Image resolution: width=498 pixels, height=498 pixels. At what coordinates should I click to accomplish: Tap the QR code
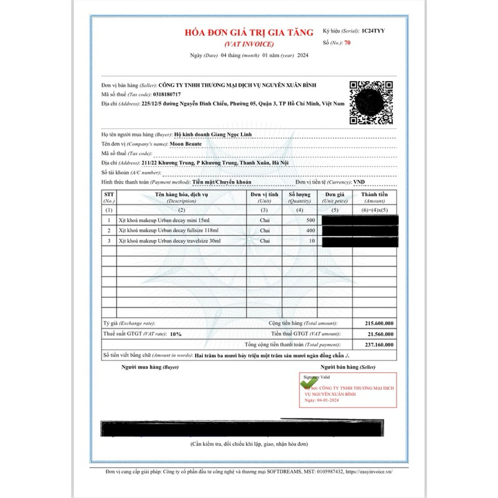point(372,103)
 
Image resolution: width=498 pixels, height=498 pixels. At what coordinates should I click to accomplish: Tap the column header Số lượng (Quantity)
point(299,198)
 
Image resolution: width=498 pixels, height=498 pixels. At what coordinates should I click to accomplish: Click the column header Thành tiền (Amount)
point(375,198)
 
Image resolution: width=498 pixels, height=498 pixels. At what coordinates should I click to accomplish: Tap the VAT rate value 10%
point(176,334)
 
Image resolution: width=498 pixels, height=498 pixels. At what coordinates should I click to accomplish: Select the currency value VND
point(359,182)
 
